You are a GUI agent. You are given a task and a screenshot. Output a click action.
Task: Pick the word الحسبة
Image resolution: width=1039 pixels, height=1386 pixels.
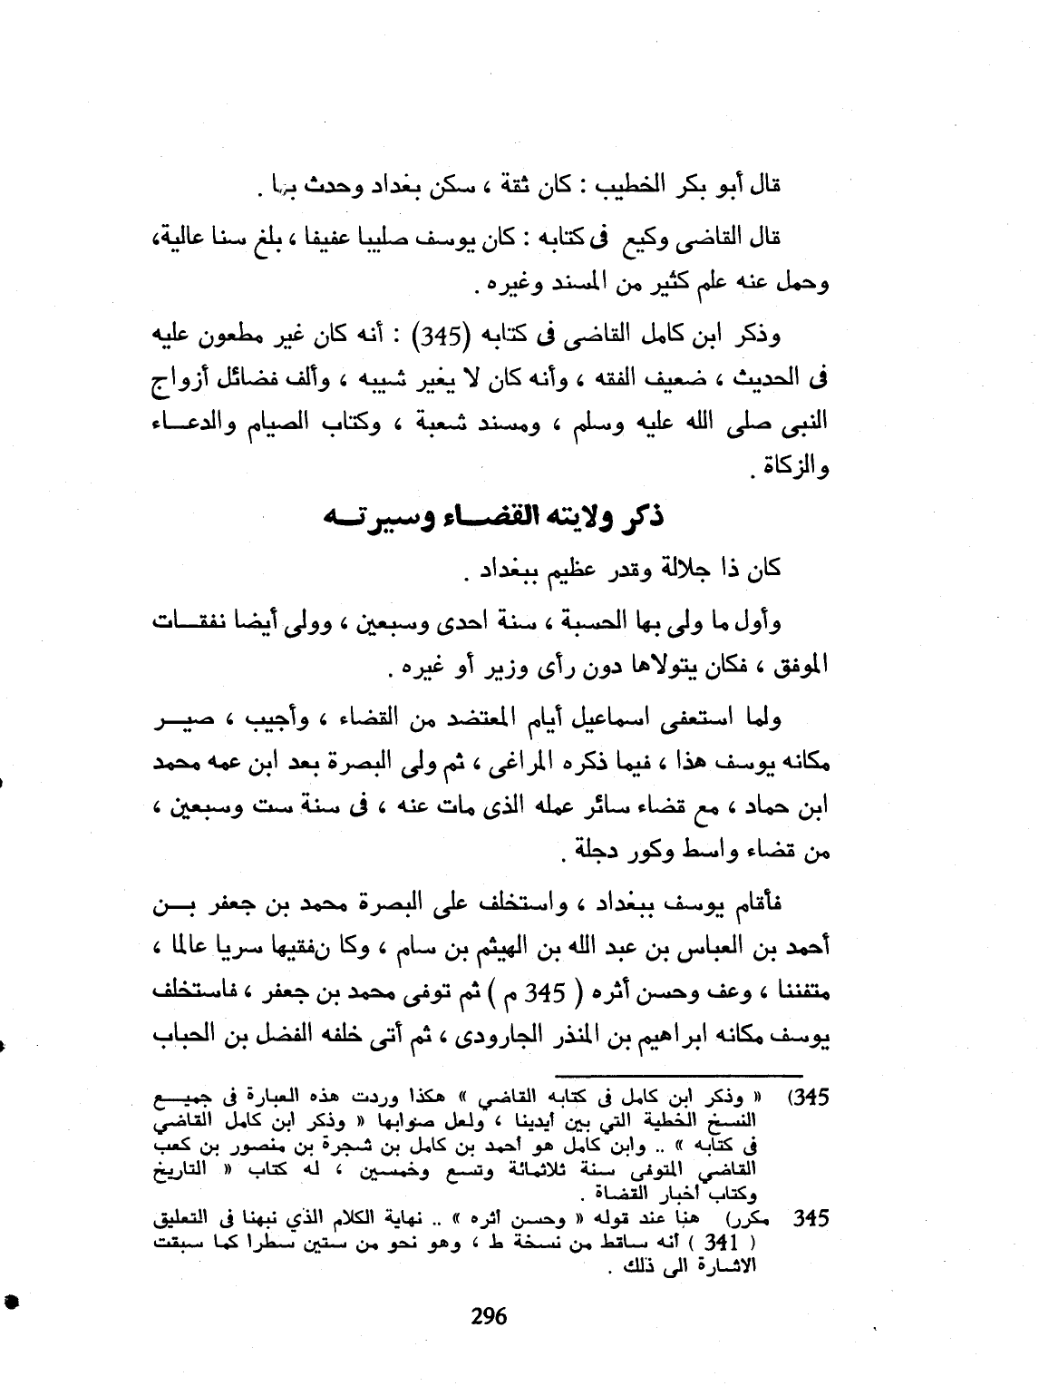(x=569, y=622)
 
